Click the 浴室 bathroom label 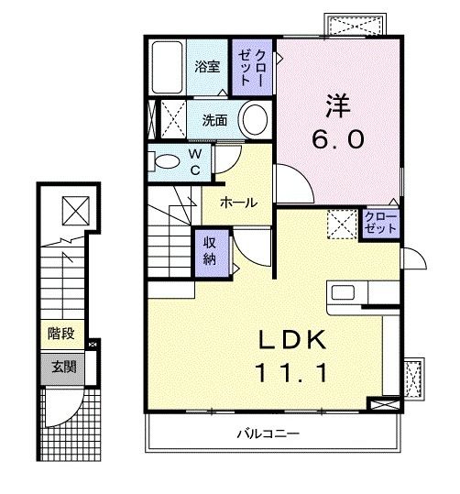point(207,66)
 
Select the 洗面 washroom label point(214,119)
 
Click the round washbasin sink point(254,119)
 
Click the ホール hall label point(237,203)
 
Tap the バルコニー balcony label point(268,431)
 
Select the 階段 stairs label point(60,335)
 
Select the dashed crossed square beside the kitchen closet point(342,223)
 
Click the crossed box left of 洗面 point(171,118)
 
